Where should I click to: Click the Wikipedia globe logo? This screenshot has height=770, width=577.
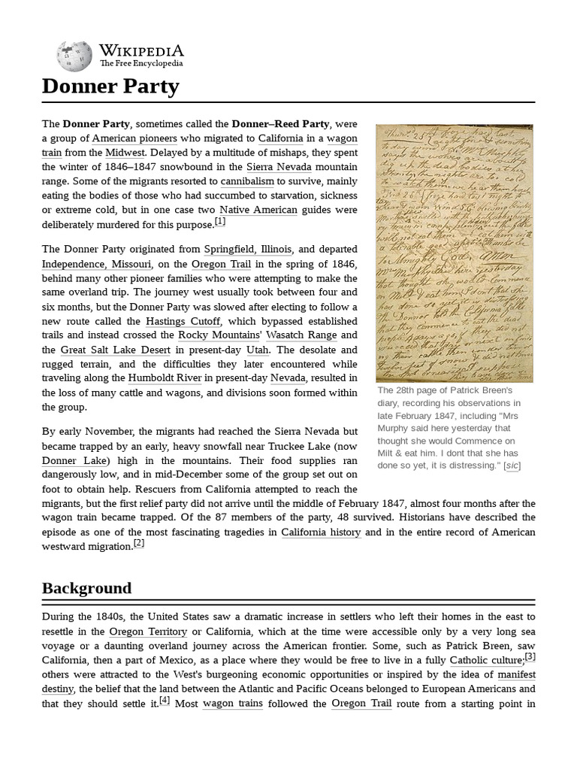point(74,55)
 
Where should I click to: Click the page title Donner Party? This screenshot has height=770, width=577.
point(110,86)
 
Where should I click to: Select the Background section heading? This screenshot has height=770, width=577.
point(86,587)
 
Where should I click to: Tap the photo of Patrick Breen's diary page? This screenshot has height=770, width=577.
point(454,253)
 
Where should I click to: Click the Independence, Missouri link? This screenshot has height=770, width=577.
point(96,264)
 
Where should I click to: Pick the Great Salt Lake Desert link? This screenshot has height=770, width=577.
point(117,350)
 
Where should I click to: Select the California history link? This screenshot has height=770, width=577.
point(321,532)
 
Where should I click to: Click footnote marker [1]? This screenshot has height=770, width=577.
point(219,222)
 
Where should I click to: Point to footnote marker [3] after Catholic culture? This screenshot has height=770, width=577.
point(530,656)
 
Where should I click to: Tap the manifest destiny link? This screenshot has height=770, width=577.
point(516,674)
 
